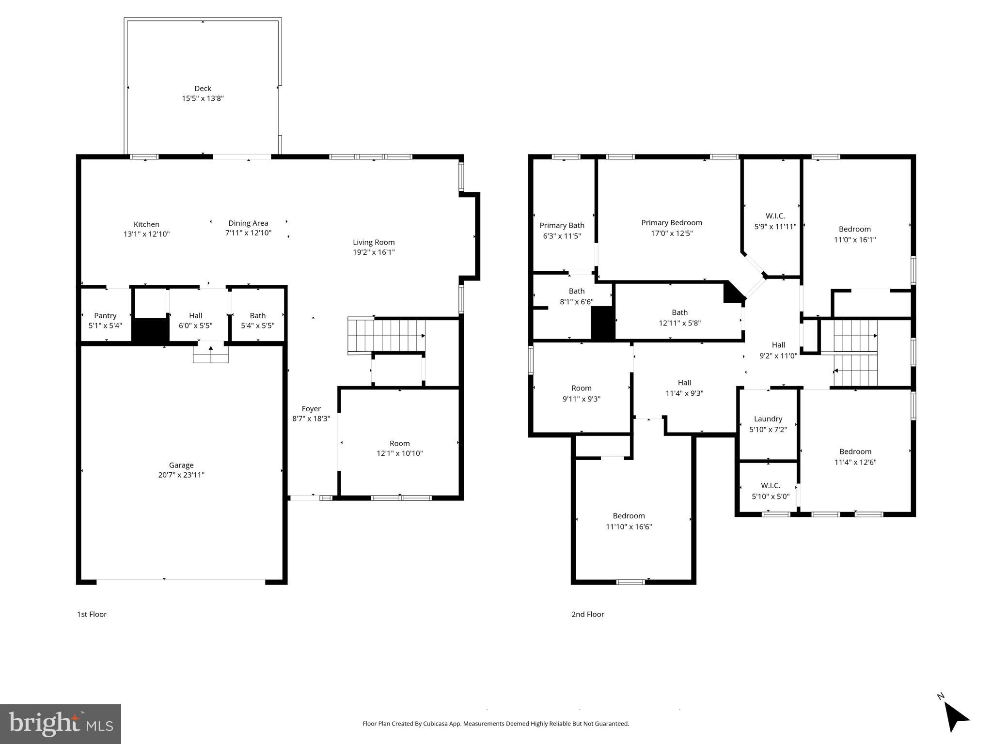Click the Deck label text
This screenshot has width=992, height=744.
coord(203,88)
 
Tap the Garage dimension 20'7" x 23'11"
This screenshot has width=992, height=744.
coord(181,475)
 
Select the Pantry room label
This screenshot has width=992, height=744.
coord(105,316)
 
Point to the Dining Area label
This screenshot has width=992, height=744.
coord(248,223)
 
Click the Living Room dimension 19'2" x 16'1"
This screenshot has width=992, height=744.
coord(374,252)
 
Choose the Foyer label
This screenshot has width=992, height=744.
coord(311,409)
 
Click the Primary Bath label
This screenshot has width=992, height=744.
coord(562,226)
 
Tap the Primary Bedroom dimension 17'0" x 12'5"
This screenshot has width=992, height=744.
coord(672,233)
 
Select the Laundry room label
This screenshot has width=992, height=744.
coord(768,419)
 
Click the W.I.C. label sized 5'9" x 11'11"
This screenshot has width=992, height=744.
coord(775,216)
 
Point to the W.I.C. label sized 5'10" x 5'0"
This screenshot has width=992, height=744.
coord(771,486)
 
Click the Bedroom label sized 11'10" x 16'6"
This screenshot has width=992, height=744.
coord(629,516)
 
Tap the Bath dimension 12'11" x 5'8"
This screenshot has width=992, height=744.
coord(679,323)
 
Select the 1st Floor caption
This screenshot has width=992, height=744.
coord(92,614)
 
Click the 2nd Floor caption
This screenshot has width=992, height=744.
coord(587,614)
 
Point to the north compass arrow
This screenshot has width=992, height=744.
coord(956,717)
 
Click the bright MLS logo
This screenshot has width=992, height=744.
coord(60,724)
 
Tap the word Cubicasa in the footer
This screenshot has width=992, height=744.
coord(435,724)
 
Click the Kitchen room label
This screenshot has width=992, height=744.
coord(146,225)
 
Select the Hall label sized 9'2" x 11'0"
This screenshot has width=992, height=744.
coord(778,345)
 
